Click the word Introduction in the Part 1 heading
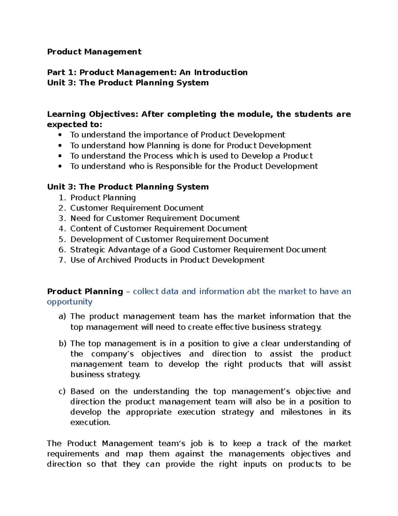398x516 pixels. pos(221,72)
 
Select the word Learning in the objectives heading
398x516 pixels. pos(66,114)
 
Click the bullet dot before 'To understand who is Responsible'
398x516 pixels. pos(60,166)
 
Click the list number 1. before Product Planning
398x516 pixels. pos(63,198)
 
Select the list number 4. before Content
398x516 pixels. pos(63,229)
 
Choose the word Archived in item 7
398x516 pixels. pos(114,260)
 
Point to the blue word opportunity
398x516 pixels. pos(70,302)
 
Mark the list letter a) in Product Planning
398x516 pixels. pos(62,317)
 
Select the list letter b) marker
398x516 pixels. pos(63,344)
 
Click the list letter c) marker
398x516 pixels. pos(62,391)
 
